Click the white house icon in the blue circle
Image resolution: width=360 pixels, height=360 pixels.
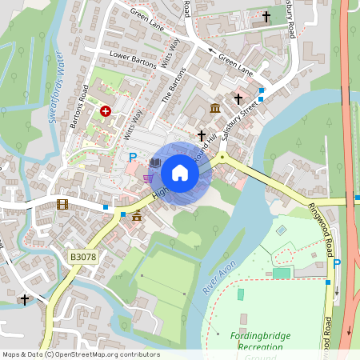(x=180, y=172)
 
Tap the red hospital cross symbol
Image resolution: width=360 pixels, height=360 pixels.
(x=106, y=112)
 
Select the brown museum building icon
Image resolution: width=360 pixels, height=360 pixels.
(x=215, y=108)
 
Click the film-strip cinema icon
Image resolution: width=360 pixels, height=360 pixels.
(x=63, y=204)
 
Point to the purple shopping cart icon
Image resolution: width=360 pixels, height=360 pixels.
(x=148, y=178)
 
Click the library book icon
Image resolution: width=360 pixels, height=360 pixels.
(x=155, y=164)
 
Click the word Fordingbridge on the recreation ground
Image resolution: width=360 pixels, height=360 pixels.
(x=261, y=335)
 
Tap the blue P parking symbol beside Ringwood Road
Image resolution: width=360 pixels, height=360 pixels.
(x=337, y=263)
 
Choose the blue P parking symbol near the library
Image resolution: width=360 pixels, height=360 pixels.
(x=133, y=158)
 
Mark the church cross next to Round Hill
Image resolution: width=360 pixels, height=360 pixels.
(x=202, y=136)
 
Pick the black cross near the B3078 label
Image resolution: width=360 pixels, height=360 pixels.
(x=25, y=300)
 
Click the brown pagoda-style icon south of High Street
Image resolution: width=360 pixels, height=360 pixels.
(x=137, y=215)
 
